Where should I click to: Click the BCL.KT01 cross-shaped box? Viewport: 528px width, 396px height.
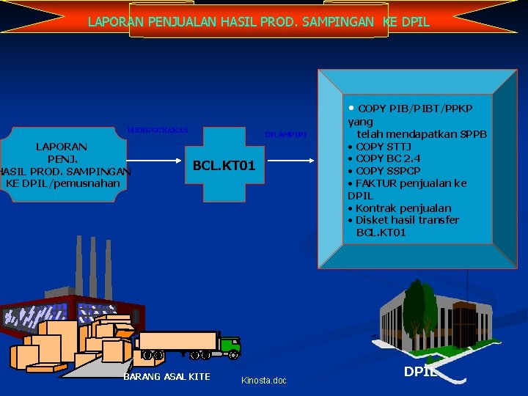[x=224, y=166]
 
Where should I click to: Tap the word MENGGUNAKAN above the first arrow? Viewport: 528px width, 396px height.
[x=158, y=131]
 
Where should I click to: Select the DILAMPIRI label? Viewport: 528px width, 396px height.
[x=285, y=135]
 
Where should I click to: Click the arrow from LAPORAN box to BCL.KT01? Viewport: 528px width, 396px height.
[x=161, y=161]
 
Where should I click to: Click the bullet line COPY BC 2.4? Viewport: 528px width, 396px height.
[x=388, y=158]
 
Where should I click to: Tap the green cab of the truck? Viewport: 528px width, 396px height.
[x=229, y=344]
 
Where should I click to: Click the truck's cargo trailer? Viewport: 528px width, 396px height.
[x=178, y=341]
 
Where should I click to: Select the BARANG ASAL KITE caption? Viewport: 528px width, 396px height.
[x=166, y=377]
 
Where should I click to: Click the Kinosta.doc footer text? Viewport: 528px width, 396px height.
[x=264, y=381]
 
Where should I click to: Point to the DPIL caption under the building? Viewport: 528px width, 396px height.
[x=420, y=372]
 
